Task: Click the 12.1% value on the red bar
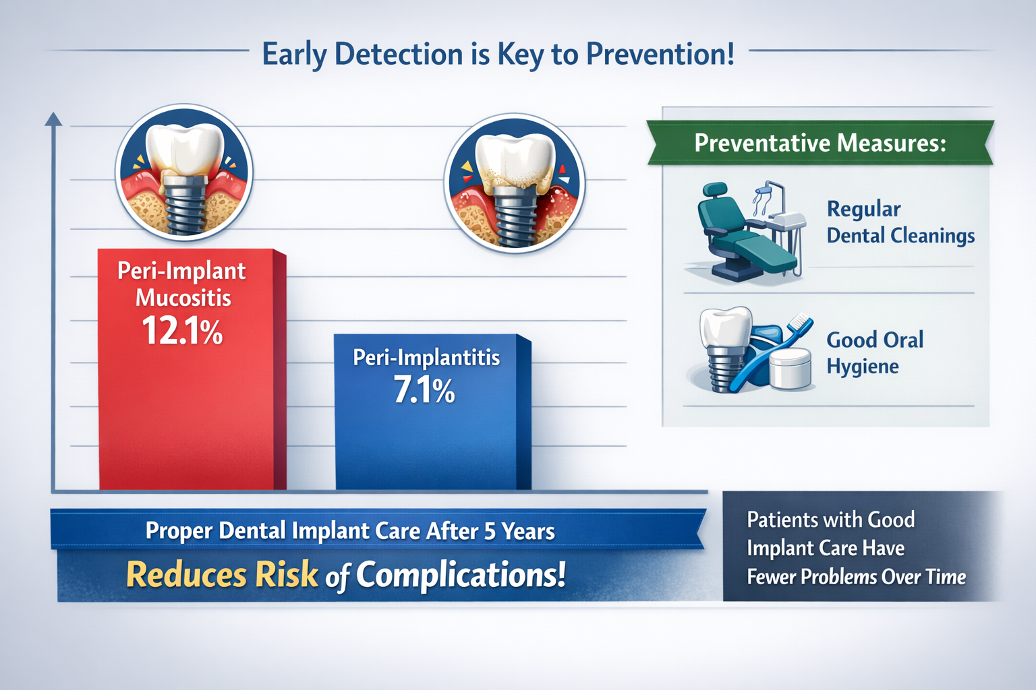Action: [182, 332]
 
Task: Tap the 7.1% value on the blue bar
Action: [424, 391]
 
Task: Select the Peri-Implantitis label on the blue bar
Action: [426, 357]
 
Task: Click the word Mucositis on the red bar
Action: [183, 298]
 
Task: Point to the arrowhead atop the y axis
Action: [53, 119]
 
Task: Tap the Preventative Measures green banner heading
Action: [820, 143]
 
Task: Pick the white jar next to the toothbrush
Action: [790, 369]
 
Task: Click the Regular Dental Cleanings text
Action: [900, 222]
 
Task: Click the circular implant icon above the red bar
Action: [184, 172]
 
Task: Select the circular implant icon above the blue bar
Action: [515, 183]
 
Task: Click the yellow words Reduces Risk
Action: [222, 575]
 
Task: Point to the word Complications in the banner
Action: [461, 575]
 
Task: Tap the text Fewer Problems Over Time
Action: [856, 577]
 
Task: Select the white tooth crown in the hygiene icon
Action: [725, 327]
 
